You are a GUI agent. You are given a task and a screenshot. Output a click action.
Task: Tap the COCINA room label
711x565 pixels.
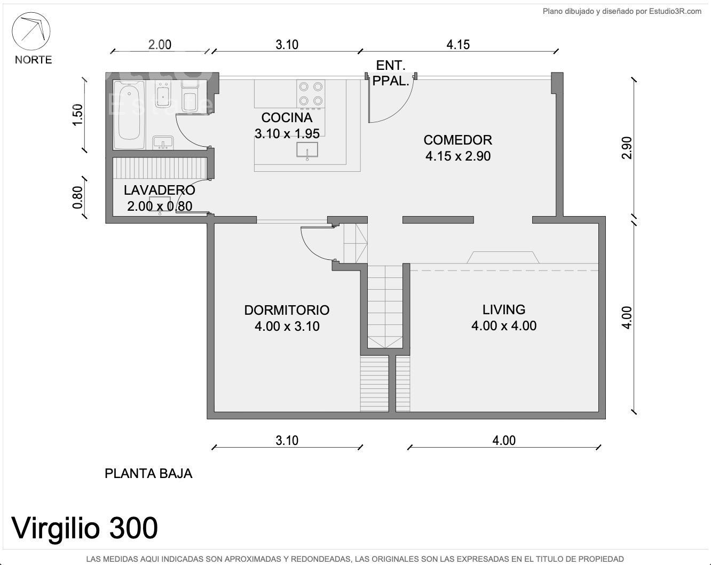[287, 117]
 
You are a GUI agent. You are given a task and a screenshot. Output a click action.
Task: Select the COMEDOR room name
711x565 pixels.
[457, 140]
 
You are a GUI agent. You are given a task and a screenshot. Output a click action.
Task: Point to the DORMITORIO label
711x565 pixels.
[287, 310]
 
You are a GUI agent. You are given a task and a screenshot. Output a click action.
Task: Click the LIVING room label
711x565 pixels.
[504, 309]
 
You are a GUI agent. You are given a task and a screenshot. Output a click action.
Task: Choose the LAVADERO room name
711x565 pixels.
[160, 190]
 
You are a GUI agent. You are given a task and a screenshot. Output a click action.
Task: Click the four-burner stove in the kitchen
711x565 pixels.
[311, 94]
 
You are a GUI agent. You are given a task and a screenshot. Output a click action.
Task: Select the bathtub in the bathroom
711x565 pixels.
[129, 115]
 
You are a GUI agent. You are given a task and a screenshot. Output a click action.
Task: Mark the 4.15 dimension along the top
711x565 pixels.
[458, 45]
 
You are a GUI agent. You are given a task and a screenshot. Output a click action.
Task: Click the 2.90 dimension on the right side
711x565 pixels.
[627, 148]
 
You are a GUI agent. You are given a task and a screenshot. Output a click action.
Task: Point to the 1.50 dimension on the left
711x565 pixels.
[77, 115]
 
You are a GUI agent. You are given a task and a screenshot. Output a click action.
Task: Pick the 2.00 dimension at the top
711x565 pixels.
[160, 45]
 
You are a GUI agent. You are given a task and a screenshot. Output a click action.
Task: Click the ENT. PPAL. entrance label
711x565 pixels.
[391, 73]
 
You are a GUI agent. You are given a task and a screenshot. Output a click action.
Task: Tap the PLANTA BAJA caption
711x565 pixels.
[148, 474]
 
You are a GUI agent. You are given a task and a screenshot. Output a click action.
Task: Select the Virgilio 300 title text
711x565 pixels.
[84, 528]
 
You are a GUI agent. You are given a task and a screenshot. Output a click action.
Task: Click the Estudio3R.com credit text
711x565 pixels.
[675, 11]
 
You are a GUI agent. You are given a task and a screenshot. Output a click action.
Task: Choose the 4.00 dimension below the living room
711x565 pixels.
[504, 440]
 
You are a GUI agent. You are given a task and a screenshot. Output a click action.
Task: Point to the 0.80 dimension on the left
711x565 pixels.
[77, 197]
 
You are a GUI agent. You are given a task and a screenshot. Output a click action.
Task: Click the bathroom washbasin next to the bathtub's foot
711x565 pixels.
[163, 142]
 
